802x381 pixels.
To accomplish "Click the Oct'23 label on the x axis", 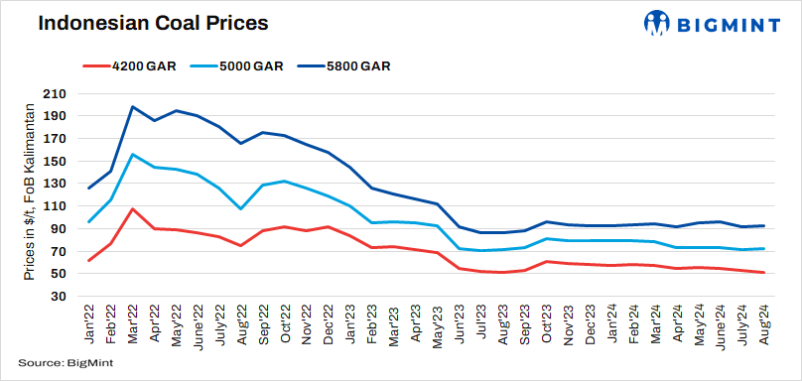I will [x=547, y=322].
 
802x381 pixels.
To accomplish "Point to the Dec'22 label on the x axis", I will [x=328, y=322].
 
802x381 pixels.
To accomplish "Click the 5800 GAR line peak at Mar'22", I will [x=133, y=106].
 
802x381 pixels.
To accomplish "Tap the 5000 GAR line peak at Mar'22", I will [x=133, y=155].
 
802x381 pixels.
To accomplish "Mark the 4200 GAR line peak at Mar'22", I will [x=133, y=209].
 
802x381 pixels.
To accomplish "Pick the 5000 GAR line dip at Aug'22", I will [x=241, y=208].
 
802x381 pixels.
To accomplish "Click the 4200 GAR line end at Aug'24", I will [x=762, y=273].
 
